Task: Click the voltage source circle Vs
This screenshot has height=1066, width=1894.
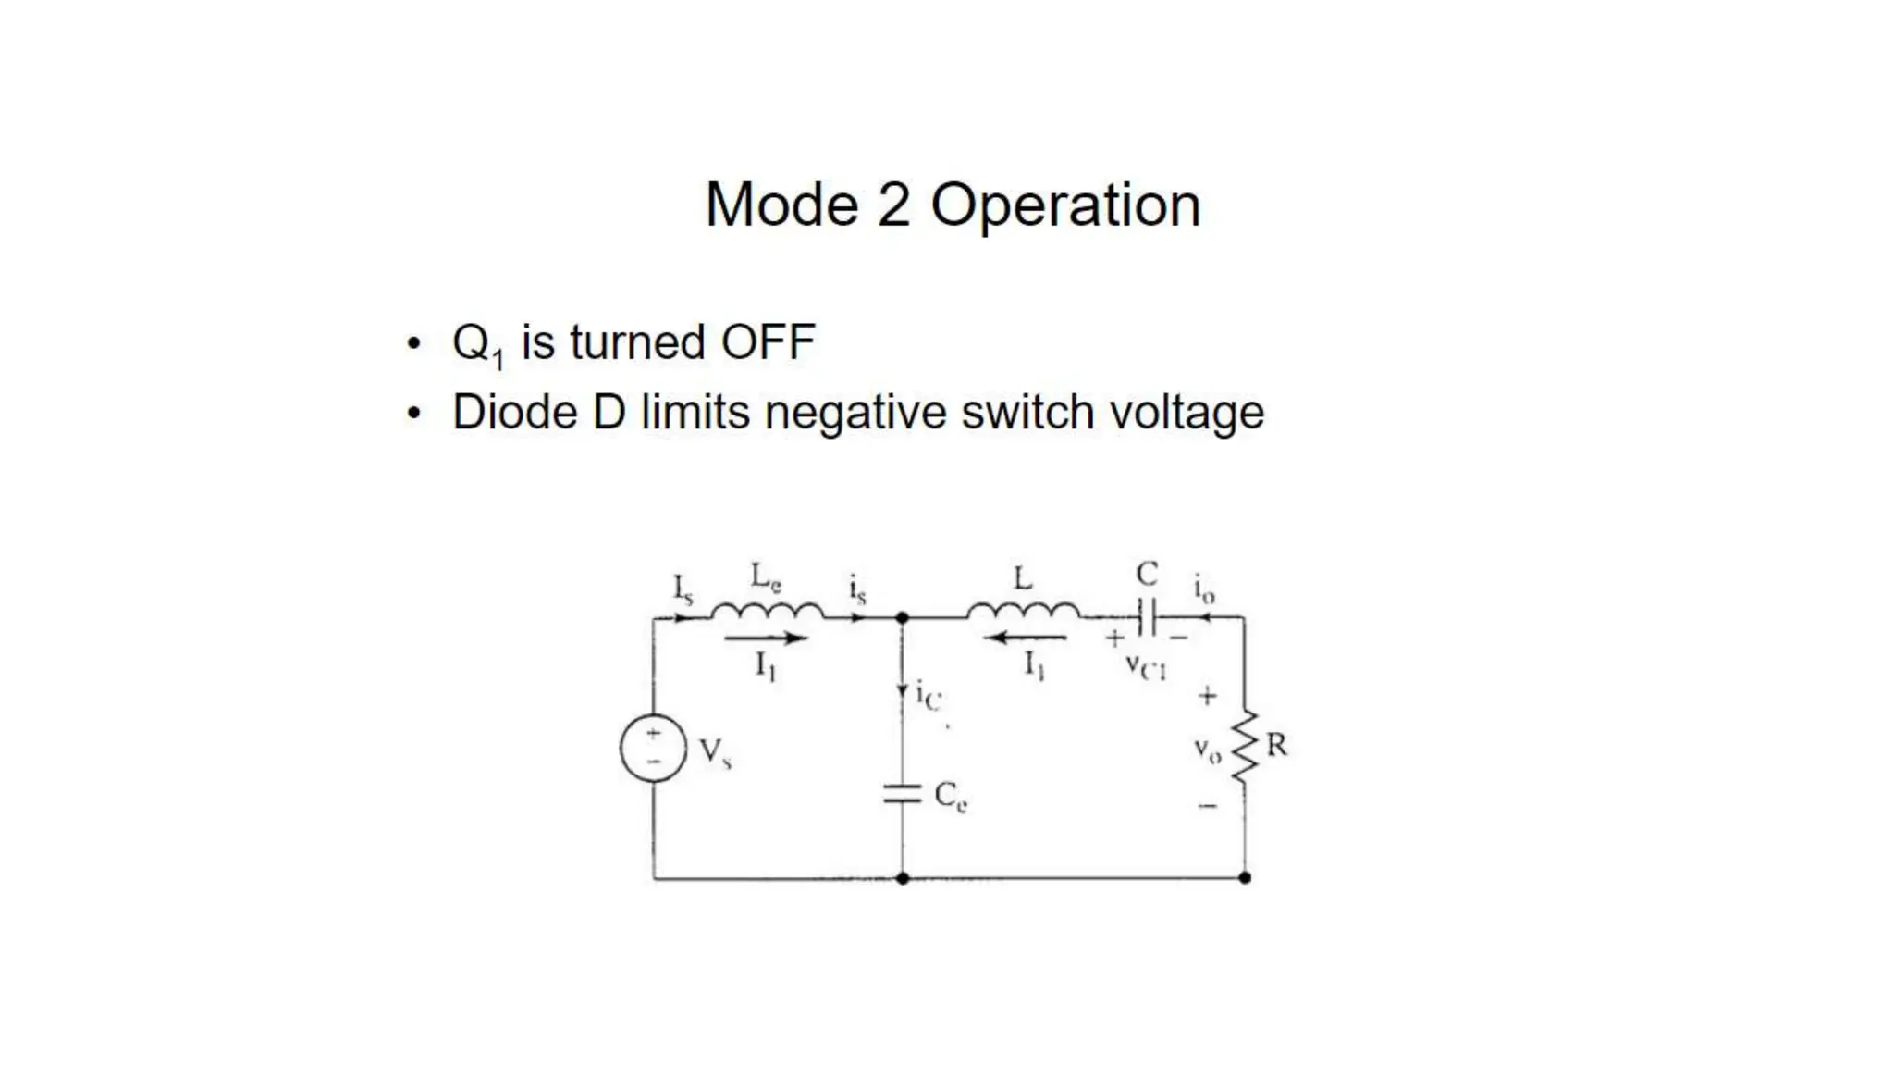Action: [653, 748]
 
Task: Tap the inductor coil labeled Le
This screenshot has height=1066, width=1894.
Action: [767, 611]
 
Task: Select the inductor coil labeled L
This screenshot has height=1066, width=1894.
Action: [1023, 611]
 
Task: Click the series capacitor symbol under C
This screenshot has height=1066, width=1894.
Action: [1147, 617]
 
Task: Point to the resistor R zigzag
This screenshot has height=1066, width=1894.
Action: [1245, 745]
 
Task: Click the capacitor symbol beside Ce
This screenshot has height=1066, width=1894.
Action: [902, 794]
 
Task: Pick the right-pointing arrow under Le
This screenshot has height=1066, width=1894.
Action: [766, 638]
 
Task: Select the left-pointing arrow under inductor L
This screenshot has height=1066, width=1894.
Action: [1027, 638]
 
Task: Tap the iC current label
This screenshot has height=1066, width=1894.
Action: [928, 696]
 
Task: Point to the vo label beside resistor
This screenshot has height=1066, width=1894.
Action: [1207, 750]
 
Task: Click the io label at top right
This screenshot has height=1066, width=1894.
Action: [1203, 589]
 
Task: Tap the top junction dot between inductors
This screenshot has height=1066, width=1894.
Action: [903, 617]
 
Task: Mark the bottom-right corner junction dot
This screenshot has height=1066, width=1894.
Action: [1245, 877]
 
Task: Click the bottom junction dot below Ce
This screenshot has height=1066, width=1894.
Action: [903, 877]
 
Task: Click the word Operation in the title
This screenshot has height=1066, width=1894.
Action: [1065, 205]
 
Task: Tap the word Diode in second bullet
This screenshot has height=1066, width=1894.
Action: [515, 413]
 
